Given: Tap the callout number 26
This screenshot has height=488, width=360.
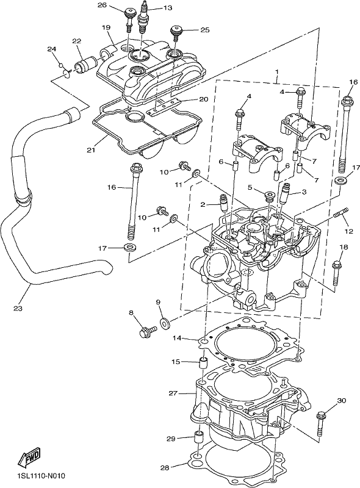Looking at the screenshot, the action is (x=102, y=5).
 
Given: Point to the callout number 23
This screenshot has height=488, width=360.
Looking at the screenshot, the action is (x=18, y=309).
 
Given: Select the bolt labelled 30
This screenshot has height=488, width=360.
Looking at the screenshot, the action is (x=321, y=425).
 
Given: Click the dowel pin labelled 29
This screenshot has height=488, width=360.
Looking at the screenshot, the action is (x=198, y=438).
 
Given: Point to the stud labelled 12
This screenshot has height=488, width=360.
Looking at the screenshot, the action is (x=341, y=214).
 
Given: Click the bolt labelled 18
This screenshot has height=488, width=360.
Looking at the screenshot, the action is (x=336, y=274).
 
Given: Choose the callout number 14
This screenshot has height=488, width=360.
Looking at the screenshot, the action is (x=178, y=338).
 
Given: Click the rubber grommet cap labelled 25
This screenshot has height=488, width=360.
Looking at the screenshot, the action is (x=176, y=33).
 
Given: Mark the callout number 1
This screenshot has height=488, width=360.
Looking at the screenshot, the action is (x=277, y=72).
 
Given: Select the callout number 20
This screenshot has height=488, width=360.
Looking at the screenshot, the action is (x=203, y=99).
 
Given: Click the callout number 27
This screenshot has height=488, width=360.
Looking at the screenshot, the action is (x=173, y=393).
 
